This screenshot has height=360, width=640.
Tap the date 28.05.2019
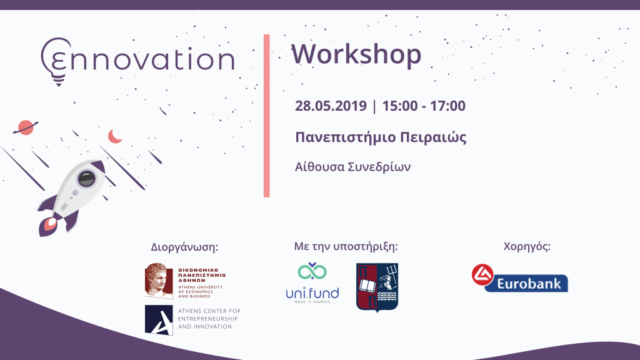331,106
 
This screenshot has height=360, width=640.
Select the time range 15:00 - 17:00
424,106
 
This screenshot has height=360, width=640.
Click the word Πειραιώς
433,137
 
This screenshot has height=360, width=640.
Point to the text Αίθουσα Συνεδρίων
352,166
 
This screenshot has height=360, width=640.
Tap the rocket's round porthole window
86,178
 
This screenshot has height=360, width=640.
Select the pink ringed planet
26,127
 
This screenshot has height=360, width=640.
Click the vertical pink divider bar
266,116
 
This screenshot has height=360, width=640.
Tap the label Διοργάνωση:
184,247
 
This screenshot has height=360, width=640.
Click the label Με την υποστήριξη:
346,246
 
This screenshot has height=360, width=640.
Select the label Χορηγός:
526,246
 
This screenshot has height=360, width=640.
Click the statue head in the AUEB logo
159,281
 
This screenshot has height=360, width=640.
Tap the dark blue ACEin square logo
159,320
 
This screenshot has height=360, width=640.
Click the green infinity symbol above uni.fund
312,271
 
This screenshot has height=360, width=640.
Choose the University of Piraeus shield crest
377,287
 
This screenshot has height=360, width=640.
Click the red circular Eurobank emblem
482,275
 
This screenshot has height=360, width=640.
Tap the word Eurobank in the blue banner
529,283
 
